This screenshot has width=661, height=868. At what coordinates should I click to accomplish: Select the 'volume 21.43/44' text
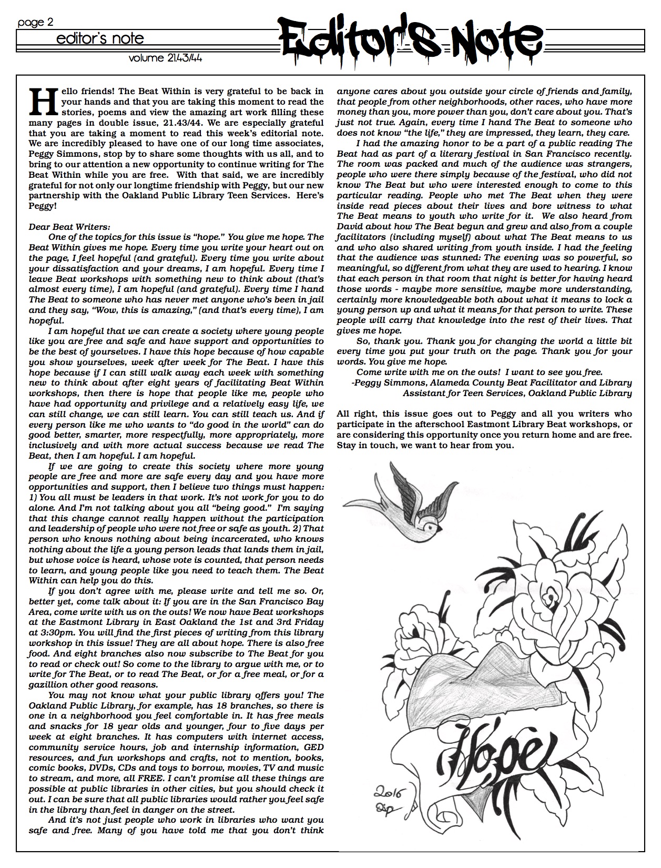pyautogui.click(x=166, y=58)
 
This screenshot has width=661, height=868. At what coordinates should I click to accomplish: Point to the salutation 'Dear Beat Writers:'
pyautogui.click(x=69, y=227)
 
